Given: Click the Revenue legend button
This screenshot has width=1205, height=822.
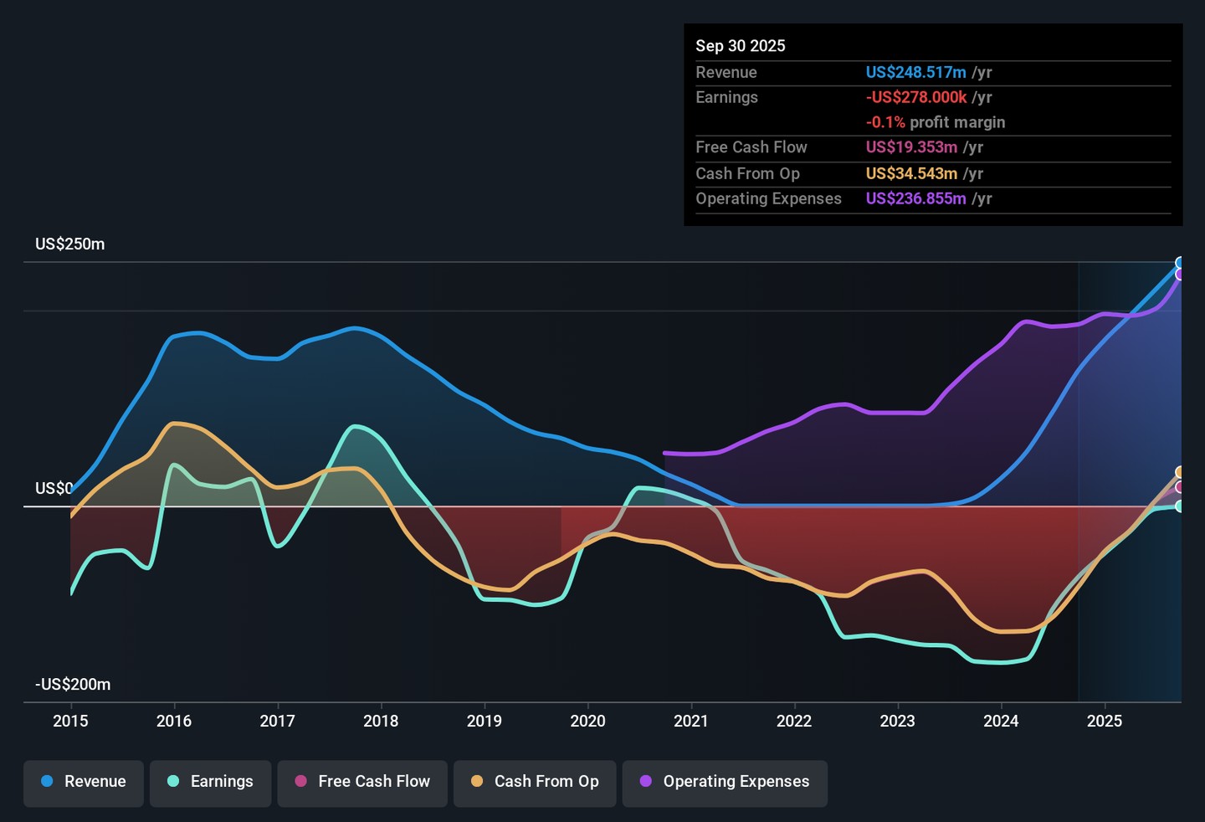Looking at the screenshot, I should tap(84, 782).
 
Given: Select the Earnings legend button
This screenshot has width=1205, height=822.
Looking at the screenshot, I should tap(211, 782).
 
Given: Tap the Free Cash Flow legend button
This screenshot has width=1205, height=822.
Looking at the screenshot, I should tap(362, 782).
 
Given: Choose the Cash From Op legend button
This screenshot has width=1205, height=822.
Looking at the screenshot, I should tap(535, 782).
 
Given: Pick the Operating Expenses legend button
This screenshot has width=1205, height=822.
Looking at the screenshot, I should tap(725, 782).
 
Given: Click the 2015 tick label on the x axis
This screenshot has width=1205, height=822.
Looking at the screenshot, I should tap(70, 722).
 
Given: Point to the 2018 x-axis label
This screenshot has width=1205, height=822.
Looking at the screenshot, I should tap(381, 722).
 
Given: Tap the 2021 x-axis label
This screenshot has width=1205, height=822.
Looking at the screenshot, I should tap(691, 722).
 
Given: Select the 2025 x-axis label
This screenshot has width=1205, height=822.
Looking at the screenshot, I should tap(1105, 722).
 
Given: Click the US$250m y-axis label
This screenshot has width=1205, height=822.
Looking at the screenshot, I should tap(70, 244).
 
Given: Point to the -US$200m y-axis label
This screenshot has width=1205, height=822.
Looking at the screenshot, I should tap(73, 685).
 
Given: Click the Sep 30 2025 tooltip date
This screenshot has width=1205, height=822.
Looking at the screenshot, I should tap(741, 46).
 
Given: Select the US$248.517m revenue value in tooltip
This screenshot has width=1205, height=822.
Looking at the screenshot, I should tap(915, 73).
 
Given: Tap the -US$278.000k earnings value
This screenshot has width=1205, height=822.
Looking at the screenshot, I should tap(915, 97).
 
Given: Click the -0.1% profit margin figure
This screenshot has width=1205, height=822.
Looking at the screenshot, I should tap(885, 122).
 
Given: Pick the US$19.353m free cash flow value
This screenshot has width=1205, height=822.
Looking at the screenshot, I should tap(911, 147).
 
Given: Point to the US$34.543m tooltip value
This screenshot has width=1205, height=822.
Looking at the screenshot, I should tap(911, 173).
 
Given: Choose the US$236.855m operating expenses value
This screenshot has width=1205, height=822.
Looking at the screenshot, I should tap(915, 198).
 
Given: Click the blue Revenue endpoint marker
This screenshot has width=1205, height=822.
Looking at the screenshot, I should tap(1180, 263).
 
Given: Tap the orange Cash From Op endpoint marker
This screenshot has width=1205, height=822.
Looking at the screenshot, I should tap(1180, 472).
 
